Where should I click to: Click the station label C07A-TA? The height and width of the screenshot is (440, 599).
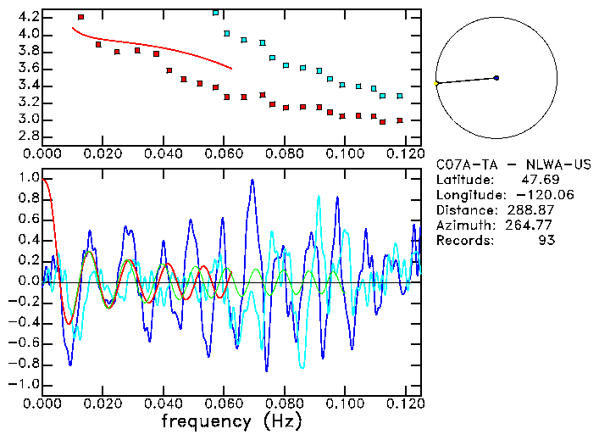[463, 164]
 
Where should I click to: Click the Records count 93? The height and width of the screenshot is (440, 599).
[546, 241]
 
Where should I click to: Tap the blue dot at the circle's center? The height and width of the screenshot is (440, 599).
[496, 78]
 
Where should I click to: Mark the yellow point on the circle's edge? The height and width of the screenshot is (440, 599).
[436, 84]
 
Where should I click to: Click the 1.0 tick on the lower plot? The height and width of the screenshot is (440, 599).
[29, 178]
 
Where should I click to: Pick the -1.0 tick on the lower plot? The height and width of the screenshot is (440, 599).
[25, 384]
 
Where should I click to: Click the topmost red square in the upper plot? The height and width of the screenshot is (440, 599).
[80, 17]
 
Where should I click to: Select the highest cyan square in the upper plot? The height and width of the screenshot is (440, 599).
[215, 13]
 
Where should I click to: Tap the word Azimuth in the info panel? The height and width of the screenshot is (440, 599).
[463, 226]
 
